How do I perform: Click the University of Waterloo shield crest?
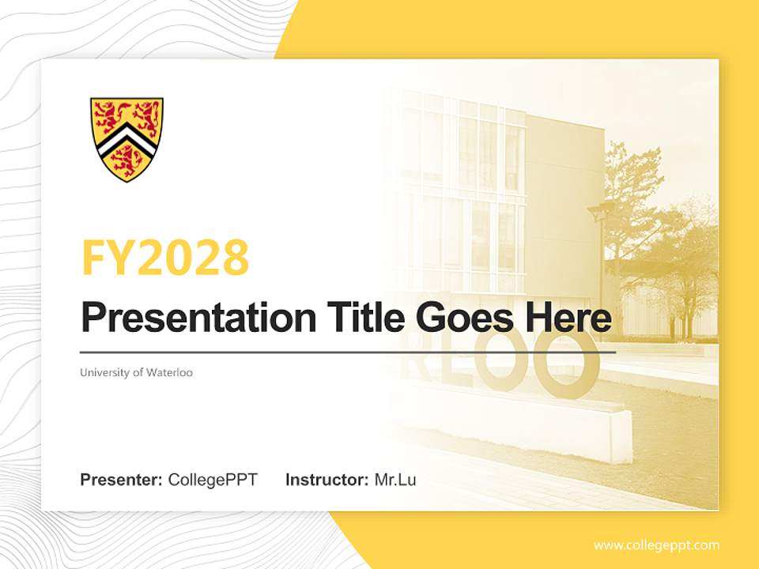point(126,139)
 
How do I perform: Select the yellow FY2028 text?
point(165,258)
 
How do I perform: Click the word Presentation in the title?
point(187,318)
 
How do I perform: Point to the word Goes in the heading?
point(463,318)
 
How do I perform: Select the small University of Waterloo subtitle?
point(136,372)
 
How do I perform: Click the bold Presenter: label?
point(122,480)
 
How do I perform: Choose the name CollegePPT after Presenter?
point(213,480)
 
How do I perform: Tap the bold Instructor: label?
point(327,480)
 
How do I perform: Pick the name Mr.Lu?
point(395,480)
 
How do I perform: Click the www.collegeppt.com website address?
point(656,545)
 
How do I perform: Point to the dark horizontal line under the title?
point(348,352)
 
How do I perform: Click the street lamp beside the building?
point(601,237)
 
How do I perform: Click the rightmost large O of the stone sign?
point(568,365)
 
